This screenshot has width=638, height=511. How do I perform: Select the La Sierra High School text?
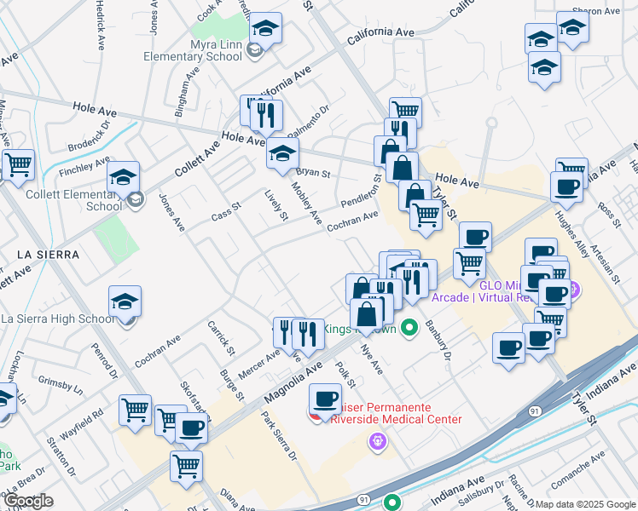pyautogui.click(x=57, y=319)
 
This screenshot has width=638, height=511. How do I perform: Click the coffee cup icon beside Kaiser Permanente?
pyautogui.click(x=325, y=399)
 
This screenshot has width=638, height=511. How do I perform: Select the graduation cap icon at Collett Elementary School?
pyautogui.click(x=124, y=178)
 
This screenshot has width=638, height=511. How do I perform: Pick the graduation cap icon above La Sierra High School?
pyautogui.click(x=125, y=301)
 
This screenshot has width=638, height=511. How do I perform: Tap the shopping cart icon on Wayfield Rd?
pyautogui.click(x=135, y=410)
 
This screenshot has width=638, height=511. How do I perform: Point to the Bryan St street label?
pyautogui.click(x=313, y=172)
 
